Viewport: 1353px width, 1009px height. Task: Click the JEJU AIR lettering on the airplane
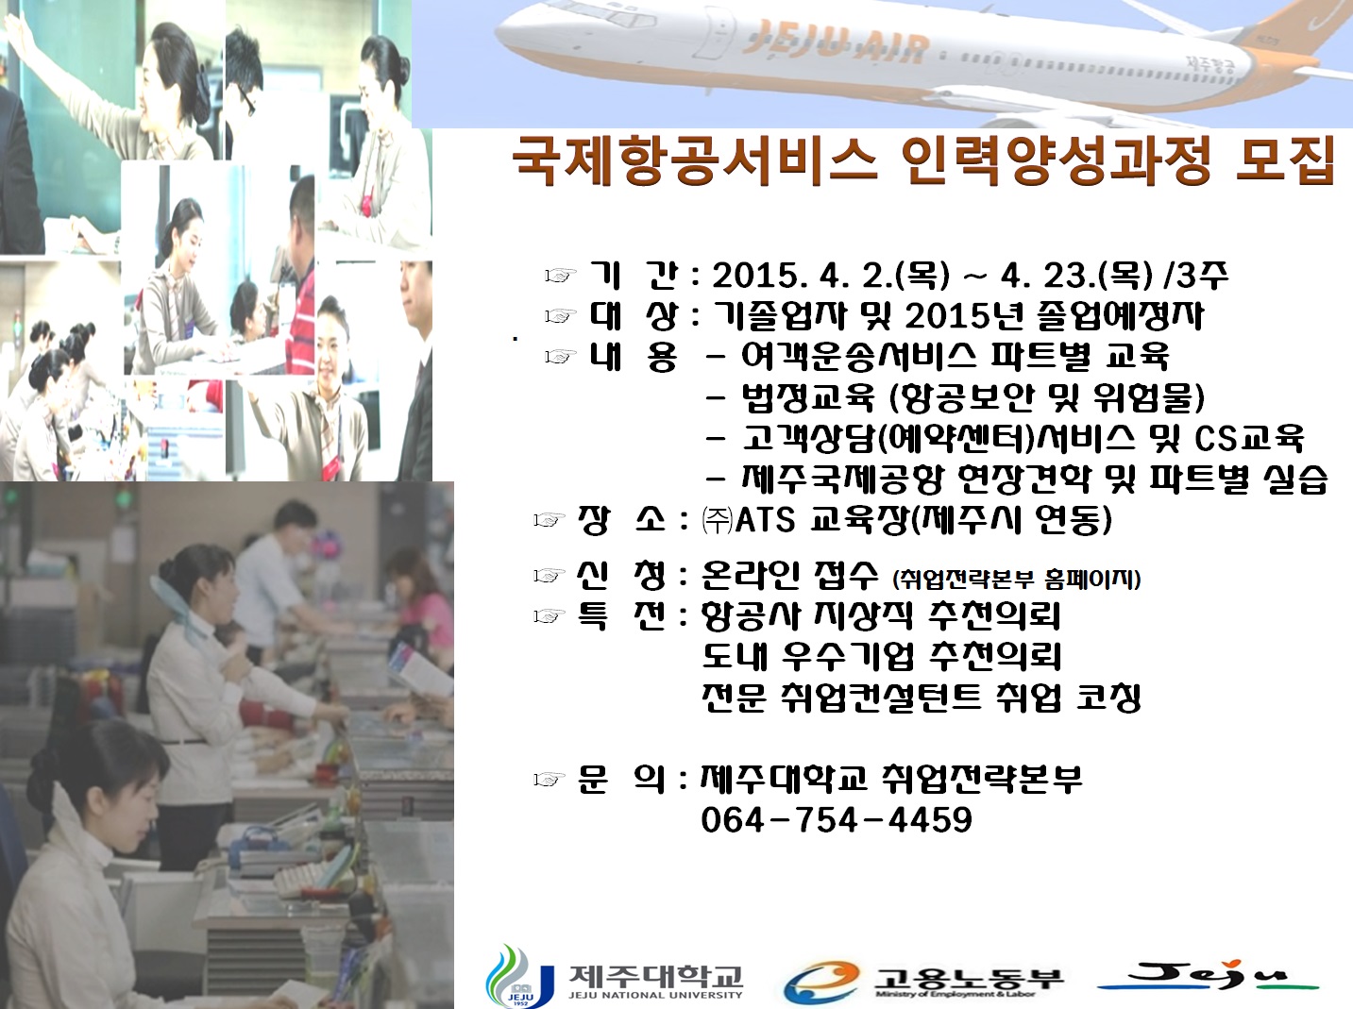(x=835, y=42)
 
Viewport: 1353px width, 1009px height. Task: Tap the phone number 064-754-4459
(x=836, y=819)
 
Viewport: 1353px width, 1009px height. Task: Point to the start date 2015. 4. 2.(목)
(x=831, y=276)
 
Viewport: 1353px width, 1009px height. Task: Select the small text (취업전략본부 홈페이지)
(x=1016, y=579)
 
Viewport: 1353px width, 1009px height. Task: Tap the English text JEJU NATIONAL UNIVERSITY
(x=655, y=995)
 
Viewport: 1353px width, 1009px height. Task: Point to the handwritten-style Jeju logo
(x=1209, y=976)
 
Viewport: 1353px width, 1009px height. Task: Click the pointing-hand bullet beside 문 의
(x=549, y=780)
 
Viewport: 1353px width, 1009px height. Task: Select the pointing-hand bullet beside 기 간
(x=560, y=276)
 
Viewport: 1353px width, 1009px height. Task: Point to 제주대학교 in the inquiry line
(x=783, y=779)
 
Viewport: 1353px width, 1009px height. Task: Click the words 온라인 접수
(x=789, y=575)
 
